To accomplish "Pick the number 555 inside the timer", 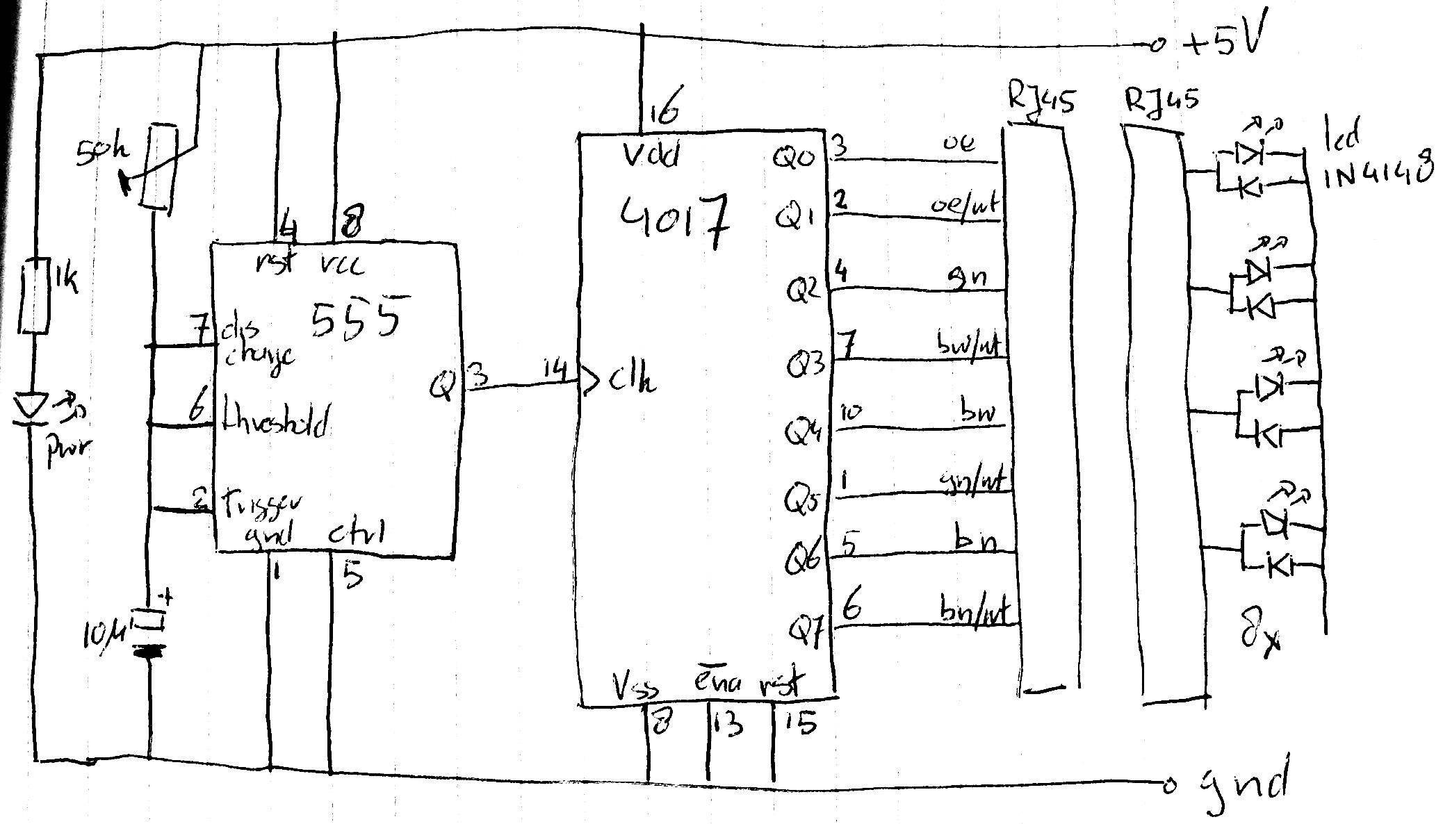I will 356,319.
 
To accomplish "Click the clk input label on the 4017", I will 632,379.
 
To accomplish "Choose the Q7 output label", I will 807,631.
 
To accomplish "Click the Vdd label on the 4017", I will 650,156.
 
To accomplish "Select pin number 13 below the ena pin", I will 728,725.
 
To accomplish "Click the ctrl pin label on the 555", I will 356,534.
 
